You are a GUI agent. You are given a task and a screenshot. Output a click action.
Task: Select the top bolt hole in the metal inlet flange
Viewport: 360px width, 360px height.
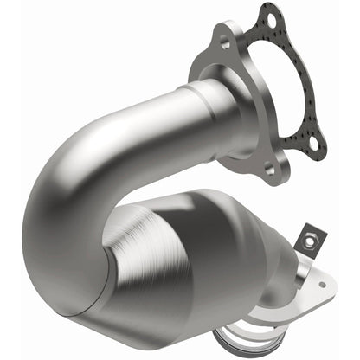tap(225, 42)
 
